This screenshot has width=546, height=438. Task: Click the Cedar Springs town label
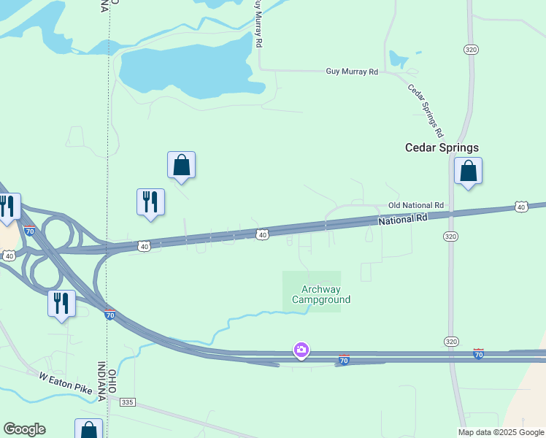442,147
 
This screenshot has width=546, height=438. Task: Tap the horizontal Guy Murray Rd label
352,72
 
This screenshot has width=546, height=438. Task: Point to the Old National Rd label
415,206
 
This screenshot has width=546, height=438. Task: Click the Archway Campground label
321,294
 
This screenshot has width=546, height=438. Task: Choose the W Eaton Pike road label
66,383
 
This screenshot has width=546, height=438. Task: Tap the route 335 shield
128,402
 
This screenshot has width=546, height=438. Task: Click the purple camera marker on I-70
301,350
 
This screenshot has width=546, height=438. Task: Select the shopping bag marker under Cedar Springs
468,172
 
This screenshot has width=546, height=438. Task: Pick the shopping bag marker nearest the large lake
182,165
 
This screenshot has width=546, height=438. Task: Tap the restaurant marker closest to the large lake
150,202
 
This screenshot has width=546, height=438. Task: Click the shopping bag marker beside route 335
88,429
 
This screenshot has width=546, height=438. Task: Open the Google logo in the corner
24,429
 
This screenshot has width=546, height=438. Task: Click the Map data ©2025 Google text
501,432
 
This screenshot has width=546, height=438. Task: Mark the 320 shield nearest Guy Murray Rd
470,49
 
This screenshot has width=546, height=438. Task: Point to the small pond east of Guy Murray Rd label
399,59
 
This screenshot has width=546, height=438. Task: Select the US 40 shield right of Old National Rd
520,207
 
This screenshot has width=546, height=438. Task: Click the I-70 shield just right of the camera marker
344,360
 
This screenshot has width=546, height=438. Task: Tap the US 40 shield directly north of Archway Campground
262,234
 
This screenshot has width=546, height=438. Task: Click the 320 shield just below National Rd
450,237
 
